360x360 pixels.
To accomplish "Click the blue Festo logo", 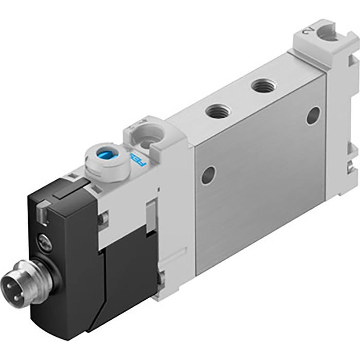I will pyautogui.click(x=135, y=160).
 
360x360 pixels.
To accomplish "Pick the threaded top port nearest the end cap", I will pyautogui.click(x=264, y=85).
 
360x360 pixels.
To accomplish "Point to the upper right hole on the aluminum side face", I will pyautogui.click(x=313, y=116).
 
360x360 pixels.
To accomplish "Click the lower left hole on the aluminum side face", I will pyautogui.click(x=208, y=175).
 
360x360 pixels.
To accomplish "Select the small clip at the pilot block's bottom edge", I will pyautogui.click(x=161, y=278).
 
